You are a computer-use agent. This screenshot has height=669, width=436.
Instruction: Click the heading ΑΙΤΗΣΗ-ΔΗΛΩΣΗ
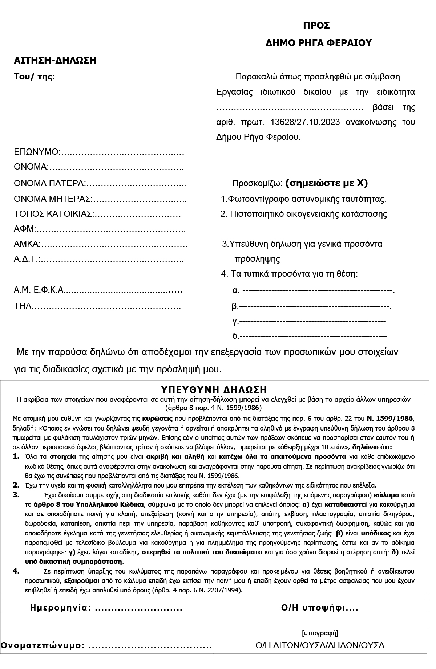[55, 60]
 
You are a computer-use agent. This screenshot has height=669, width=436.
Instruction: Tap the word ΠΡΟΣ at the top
[316, 26]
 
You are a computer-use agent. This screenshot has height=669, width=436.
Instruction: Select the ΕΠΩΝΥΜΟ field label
[36, 152]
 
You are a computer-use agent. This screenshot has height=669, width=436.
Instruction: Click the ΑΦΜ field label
[24, 229]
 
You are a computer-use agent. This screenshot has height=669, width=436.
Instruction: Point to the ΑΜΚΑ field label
[27, 244]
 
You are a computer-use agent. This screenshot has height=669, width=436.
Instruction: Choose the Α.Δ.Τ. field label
[27, 260]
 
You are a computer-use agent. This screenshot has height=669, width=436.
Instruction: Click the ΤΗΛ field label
[22, 306]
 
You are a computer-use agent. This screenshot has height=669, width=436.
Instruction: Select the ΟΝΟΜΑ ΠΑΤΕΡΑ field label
[49, 183]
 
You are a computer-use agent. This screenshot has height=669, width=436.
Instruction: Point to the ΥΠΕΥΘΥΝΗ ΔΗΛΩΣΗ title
[214, 390]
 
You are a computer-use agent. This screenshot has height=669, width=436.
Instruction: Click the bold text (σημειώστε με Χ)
[327, 183]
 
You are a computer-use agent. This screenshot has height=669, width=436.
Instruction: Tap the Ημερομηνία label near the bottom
[60, 608]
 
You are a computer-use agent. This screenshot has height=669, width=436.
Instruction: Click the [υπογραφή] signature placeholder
[320, 633]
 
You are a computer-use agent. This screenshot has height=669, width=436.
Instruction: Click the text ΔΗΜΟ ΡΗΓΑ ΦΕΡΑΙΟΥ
[319, 43]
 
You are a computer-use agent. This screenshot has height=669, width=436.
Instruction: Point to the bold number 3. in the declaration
[16, 494]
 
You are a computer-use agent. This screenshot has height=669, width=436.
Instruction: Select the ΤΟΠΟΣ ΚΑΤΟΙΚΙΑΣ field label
[54, 214]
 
